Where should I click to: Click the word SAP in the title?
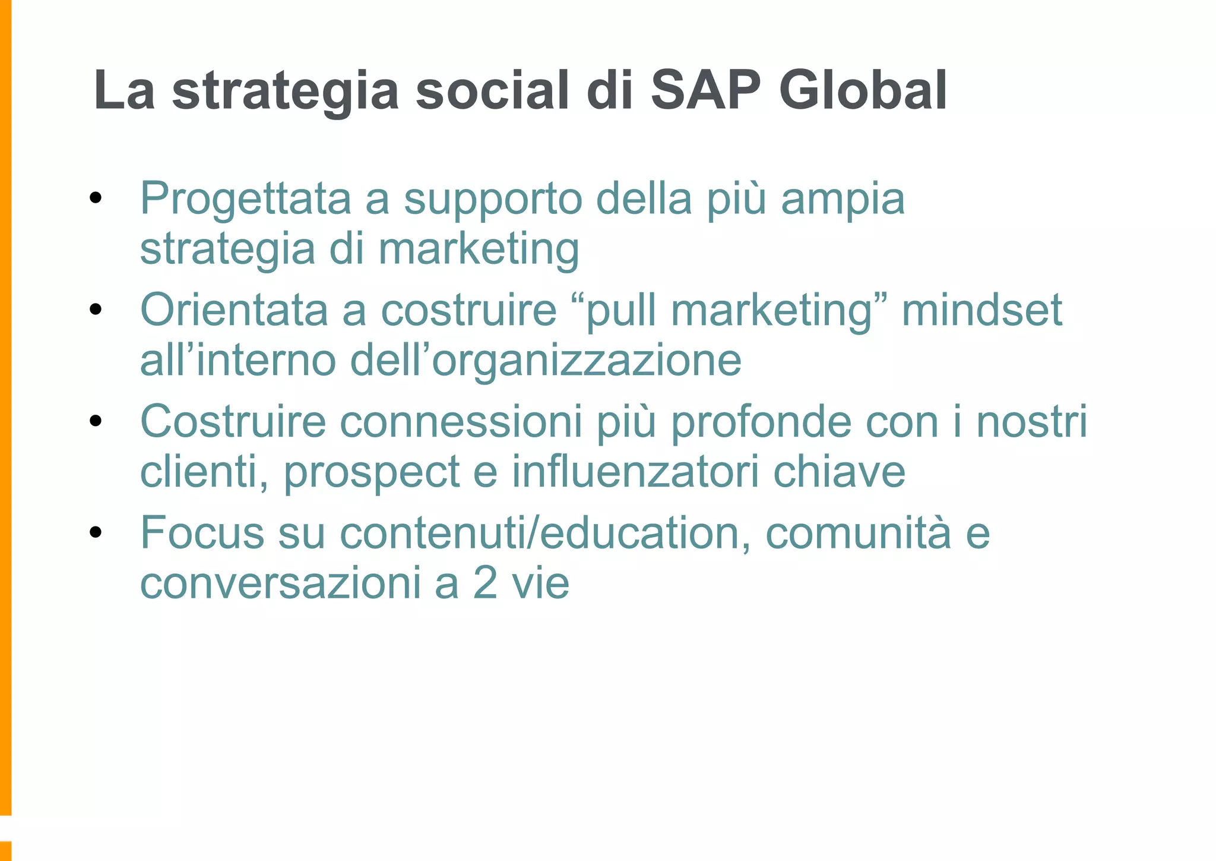705,90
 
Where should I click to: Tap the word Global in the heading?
863,90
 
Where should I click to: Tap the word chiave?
839,471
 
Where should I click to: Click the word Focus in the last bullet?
202,533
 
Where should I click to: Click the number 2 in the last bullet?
485,584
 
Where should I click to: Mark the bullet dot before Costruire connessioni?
96,421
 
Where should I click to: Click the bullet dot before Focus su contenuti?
96,533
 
